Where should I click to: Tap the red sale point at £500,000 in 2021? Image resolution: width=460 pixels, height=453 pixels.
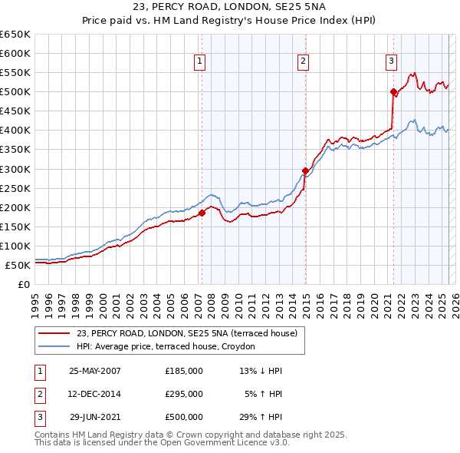tap(393, 92)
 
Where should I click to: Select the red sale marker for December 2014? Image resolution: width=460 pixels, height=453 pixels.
tap(305, 170)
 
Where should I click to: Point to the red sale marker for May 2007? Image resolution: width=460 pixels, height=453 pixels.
tap(202, 213)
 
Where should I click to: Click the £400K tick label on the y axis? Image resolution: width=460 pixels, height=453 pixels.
tap(15, 131)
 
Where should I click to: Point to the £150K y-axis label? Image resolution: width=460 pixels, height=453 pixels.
tap(15, 226)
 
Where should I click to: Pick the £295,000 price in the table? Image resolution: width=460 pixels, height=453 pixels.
tap(184, 393)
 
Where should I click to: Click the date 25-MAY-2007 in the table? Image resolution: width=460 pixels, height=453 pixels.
tap(95, 370)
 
